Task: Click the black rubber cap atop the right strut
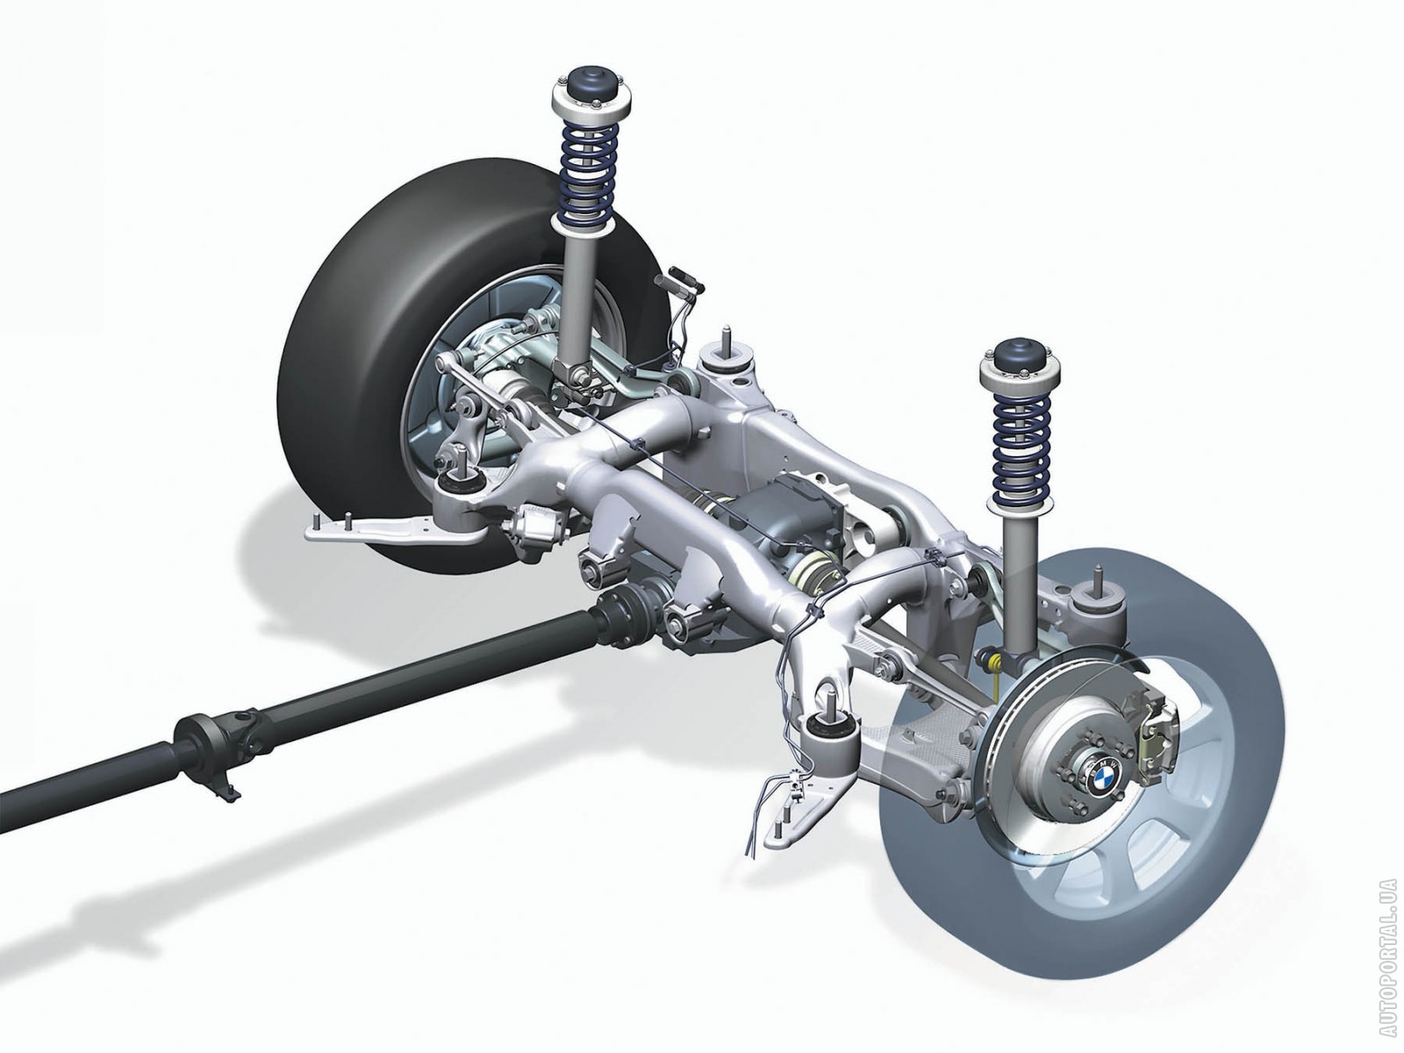[x=1015, y=357]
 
